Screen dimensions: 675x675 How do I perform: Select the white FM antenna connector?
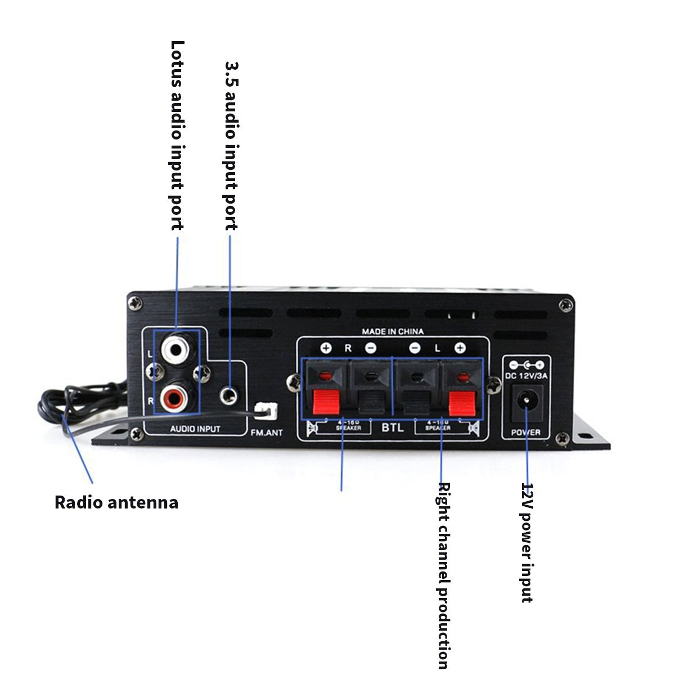point(265,412)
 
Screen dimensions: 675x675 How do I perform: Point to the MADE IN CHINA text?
point(393,331)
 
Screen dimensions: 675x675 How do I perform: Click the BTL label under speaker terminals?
point(393,427)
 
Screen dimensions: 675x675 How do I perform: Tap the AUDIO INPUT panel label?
point(195,429)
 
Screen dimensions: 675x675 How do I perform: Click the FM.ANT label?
point(267,433)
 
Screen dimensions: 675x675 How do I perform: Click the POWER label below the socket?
point(526,432)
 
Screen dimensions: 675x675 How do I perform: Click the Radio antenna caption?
point(116,502)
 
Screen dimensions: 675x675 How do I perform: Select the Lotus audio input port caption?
point(177,135)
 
